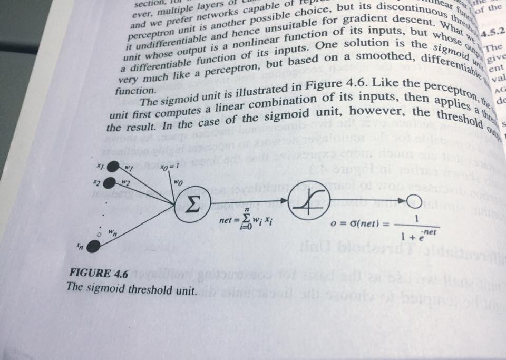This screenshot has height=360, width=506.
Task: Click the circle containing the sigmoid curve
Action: click(309, 200)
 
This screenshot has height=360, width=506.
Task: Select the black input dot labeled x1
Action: click(112, 167)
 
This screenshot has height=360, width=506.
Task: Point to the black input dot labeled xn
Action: click(93, 246)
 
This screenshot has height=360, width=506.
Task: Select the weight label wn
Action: click(112, 230)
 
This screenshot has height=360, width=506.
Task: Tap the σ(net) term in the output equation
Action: click(363, 223)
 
